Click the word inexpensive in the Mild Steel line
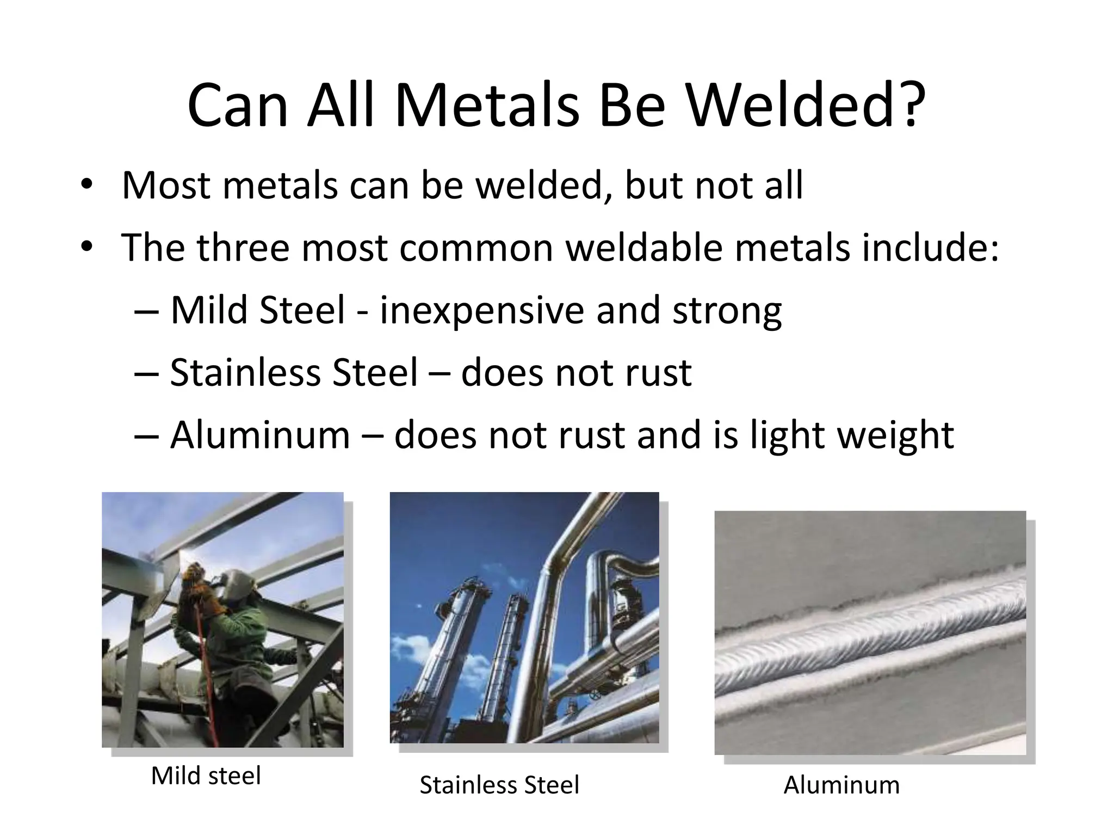point(481,311)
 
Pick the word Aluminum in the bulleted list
point(260,435)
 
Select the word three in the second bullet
point(243,248)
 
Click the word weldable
point(644,248)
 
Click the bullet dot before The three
point(86,248)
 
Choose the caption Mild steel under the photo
point(206,776)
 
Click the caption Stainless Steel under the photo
point(499,785)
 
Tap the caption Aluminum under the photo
point(841,785)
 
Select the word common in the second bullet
point(476,248)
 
